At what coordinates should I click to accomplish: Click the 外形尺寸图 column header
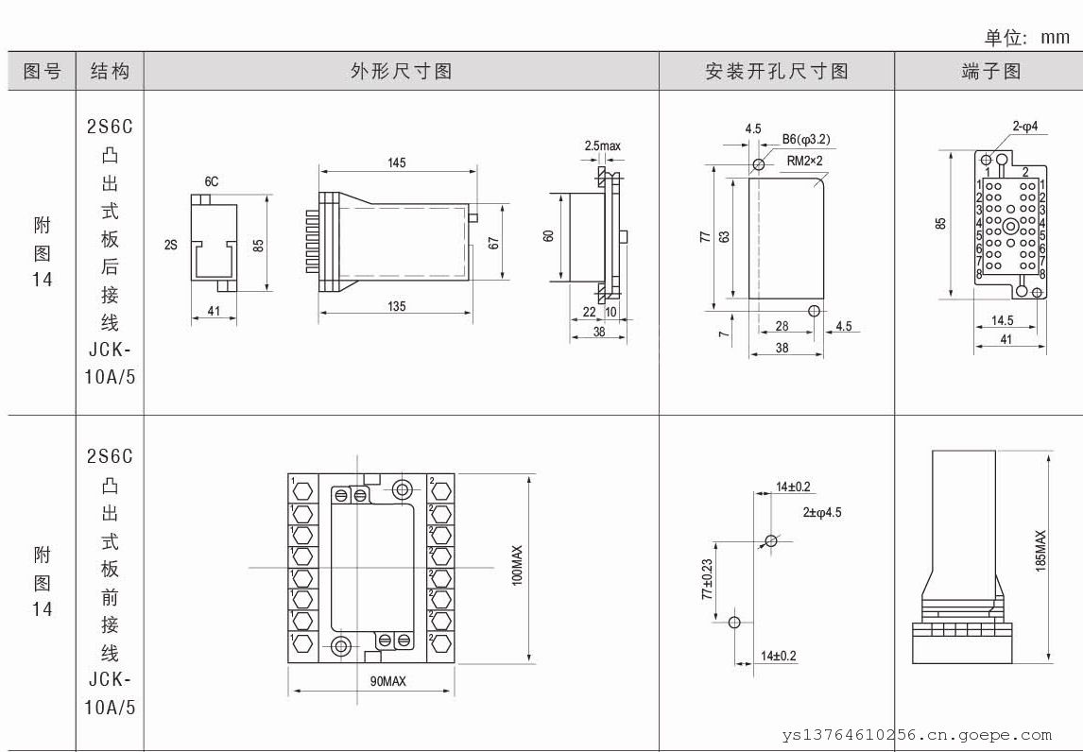coord(401,71)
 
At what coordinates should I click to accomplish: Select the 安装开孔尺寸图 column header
coord(776,71)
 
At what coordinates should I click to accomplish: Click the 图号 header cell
coord(42,71)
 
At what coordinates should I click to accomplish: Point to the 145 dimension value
coord(396,163)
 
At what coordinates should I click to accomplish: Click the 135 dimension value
coord(396,305)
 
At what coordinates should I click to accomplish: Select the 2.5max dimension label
coord(603,145)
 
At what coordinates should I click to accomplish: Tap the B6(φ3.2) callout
coord(806,141)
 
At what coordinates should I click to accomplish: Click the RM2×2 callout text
coord(804,161)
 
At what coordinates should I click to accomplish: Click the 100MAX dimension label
coord(517,565)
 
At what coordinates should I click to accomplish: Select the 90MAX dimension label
coord(387,681)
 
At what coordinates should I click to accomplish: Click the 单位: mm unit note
coord(1027,37)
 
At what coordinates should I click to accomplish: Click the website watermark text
coord(917,734)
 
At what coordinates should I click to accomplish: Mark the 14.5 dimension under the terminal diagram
coord(1004,321)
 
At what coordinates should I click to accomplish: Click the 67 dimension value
coord(492,242)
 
